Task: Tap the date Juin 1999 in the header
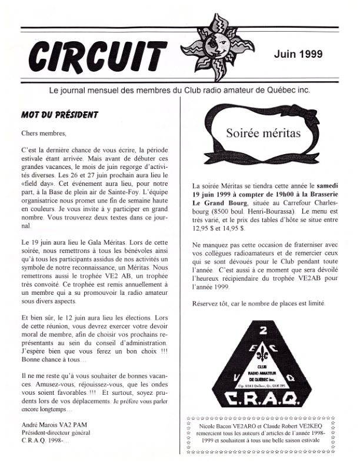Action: pos(298,54)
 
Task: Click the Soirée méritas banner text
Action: pos(263,133)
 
